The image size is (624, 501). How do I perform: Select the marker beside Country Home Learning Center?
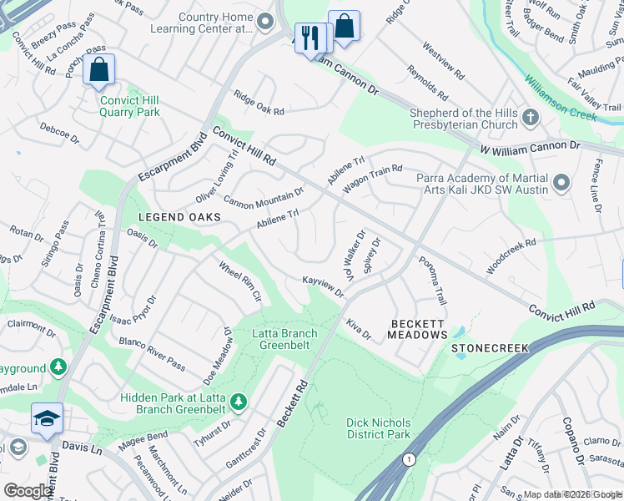(x=266, y=21)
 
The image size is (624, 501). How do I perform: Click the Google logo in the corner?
(x=28, y=491)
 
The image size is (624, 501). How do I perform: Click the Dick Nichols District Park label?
(x=379, y=428)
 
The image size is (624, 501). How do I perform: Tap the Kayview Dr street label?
(x=323, y=287)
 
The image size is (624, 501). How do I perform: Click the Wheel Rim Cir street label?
(x=240, y=281)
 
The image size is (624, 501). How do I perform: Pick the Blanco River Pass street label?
(x=152, y=352)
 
